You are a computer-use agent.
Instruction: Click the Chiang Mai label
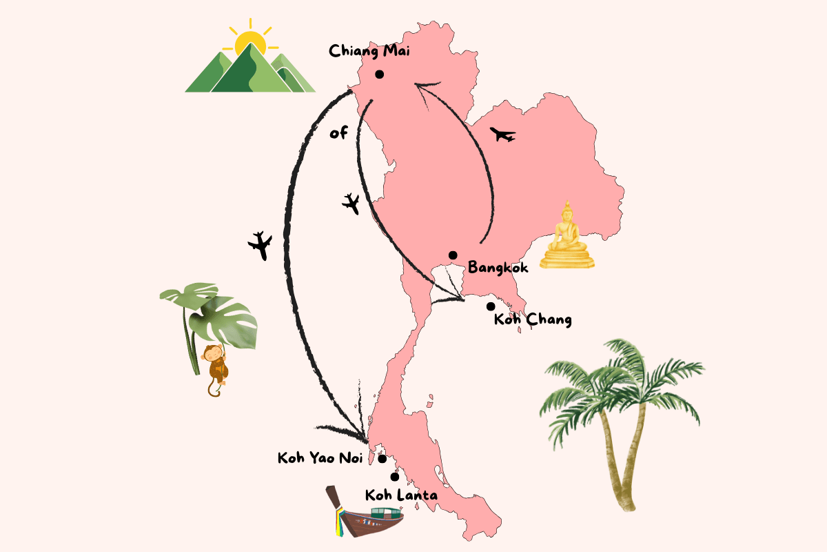[371, 52]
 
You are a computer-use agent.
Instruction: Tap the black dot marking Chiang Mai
[379, 75]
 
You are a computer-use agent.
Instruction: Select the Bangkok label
[498, 267]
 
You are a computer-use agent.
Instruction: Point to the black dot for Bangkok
[453, 255]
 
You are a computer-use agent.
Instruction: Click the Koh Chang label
[533, 319]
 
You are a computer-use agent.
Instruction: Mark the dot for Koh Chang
[491, 306]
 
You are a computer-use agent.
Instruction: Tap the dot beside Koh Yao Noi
[382, 458]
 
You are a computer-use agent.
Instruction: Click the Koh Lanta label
[401, 495]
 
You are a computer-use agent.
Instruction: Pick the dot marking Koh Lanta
[395, 477]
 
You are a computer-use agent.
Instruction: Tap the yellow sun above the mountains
[249, 43]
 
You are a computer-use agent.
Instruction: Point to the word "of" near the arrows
[338, 132]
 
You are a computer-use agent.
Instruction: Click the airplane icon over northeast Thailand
[502, 135]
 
